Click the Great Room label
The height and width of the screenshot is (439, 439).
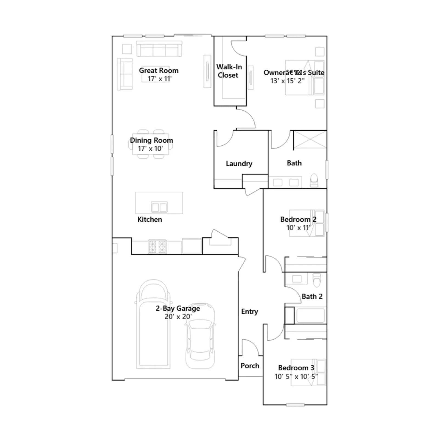click(x=159, y=71)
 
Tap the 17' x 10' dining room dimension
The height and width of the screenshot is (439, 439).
click(x=150, y=149)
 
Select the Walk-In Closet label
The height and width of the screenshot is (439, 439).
click(x=229, y=71)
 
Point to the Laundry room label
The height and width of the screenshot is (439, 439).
click(x=239, y=164)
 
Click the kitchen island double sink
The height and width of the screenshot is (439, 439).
click(x=159, y=207)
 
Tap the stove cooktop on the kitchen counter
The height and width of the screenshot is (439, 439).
click(x=157, y=246)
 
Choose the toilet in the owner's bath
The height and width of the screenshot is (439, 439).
click(x=314, y=180)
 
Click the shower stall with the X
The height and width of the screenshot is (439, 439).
click(x=310, y=139)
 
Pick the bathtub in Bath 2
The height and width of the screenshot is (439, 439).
click(x=311, y=315)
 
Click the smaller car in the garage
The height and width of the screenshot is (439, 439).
click(x=200, y=336)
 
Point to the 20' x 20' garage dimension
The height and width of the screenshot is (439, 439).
click(x=178, y=317)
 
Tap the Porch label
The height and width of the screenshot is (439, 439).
click(x=250, y=366)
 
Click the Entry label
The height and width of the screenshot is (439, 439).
click(x=250, y=312)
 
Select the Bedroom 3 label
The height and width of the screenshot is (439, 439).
click(x=296, y=368)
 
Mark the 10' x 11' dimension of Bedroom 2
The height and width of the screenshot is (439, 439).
click(x=298, y=228)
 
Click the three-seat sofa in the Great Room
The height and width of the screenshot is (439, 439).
click(x=159, y=49)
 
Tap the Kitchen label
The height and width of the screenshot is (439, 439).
click(x=150, y=219)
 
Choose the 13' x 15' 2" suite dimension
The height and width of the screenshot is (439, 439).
click(x=287, y=81)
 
